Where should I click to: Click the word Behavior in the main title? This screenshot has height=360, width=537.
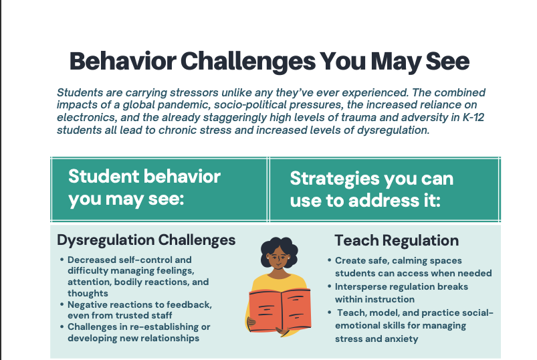click(x=122, y=61)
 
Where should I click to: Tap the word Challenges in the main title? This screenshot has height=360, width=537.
click(x=248, y=62)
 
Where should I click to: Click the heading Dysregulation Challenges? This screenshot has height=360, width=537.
click(x=146, y=240)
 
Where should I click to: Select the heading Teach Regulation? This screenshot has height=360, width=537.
click(x=397, y=240)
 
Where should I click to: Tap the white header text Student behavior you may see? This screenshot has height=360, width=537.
click(x=144, y=188)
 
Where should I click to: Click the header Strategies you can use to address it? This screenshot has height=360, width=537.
click(x=372, y=189)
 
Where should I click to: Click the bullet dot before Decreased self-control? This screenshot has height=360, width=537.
click(x=62, y=260)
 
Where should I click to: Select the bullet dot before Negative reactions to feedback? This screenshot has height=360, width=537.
click(x=62, y=304)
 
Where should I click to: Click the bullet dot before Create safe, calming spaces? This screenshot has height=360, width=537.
click(x=329, y=260)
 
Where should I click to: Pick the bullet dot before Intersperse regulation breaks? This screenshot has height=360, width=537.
click(x=329, y=286)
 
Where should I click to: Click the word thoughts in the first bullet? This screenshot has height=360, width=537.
click(x=88, y=294)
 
